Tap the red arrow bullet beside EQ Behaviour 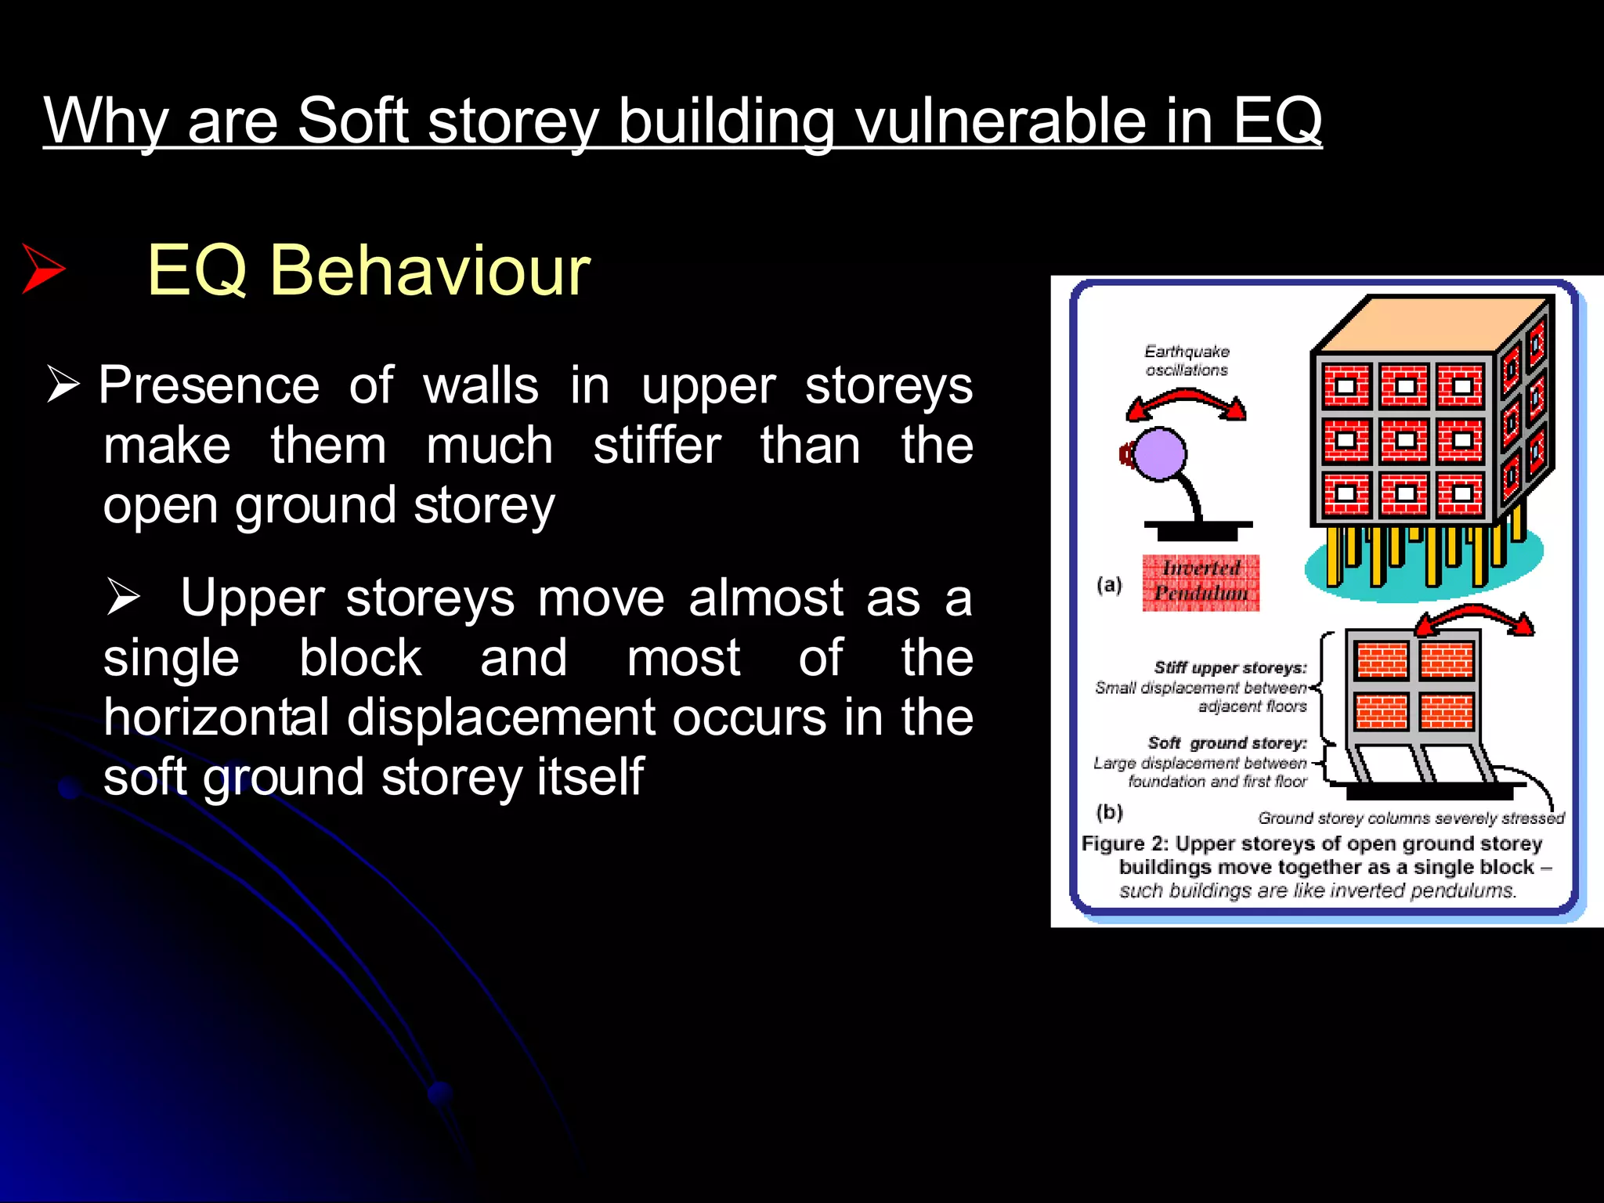(43, 269)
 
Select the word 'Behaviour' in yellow (430, 270)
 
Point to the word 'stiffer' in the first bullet (656, 446)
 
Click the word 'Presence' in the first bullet (209, 385)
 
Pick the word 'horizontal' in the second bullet (216, 717)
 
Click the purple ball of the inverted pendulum (1160, 453)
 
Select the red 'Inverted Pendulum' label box (1201, 582)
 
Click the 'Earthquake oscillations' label (1187, 360)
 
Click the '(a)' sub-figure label (1109, 584)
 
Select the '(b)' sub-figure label (1109, 811)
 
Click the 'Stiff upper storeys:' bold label (1230, 667)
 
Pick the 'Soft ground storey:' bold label (1226, 742)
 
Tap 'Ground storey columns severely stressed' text (1411, 818)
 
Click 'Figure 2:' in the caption (1125, 844)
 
